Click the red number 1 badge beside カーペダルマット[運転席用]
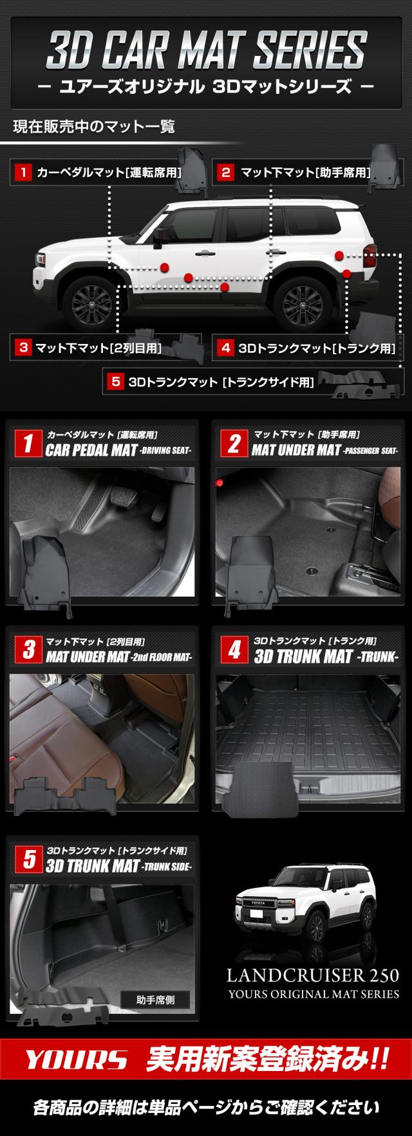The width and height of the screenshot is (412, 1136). [23, 172]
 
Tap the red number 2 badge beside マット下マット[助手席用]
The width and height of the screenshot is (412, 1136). [226, 172]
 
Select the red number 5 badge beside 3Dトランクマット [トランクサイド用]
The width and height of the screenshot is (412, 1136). [116, 381]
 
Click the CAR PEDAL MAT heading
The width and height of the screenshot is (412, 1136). [91, 450]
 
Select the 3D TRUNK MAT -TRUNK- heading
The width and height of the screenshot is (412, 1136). [326, 656]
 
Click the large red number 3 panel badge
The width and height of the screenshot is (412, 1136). [28, 650]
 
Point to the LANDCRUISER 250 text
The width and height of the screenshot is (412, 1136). [313, 976]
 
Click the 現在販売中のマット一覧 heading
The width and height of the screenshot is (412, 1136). [95, 126]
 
